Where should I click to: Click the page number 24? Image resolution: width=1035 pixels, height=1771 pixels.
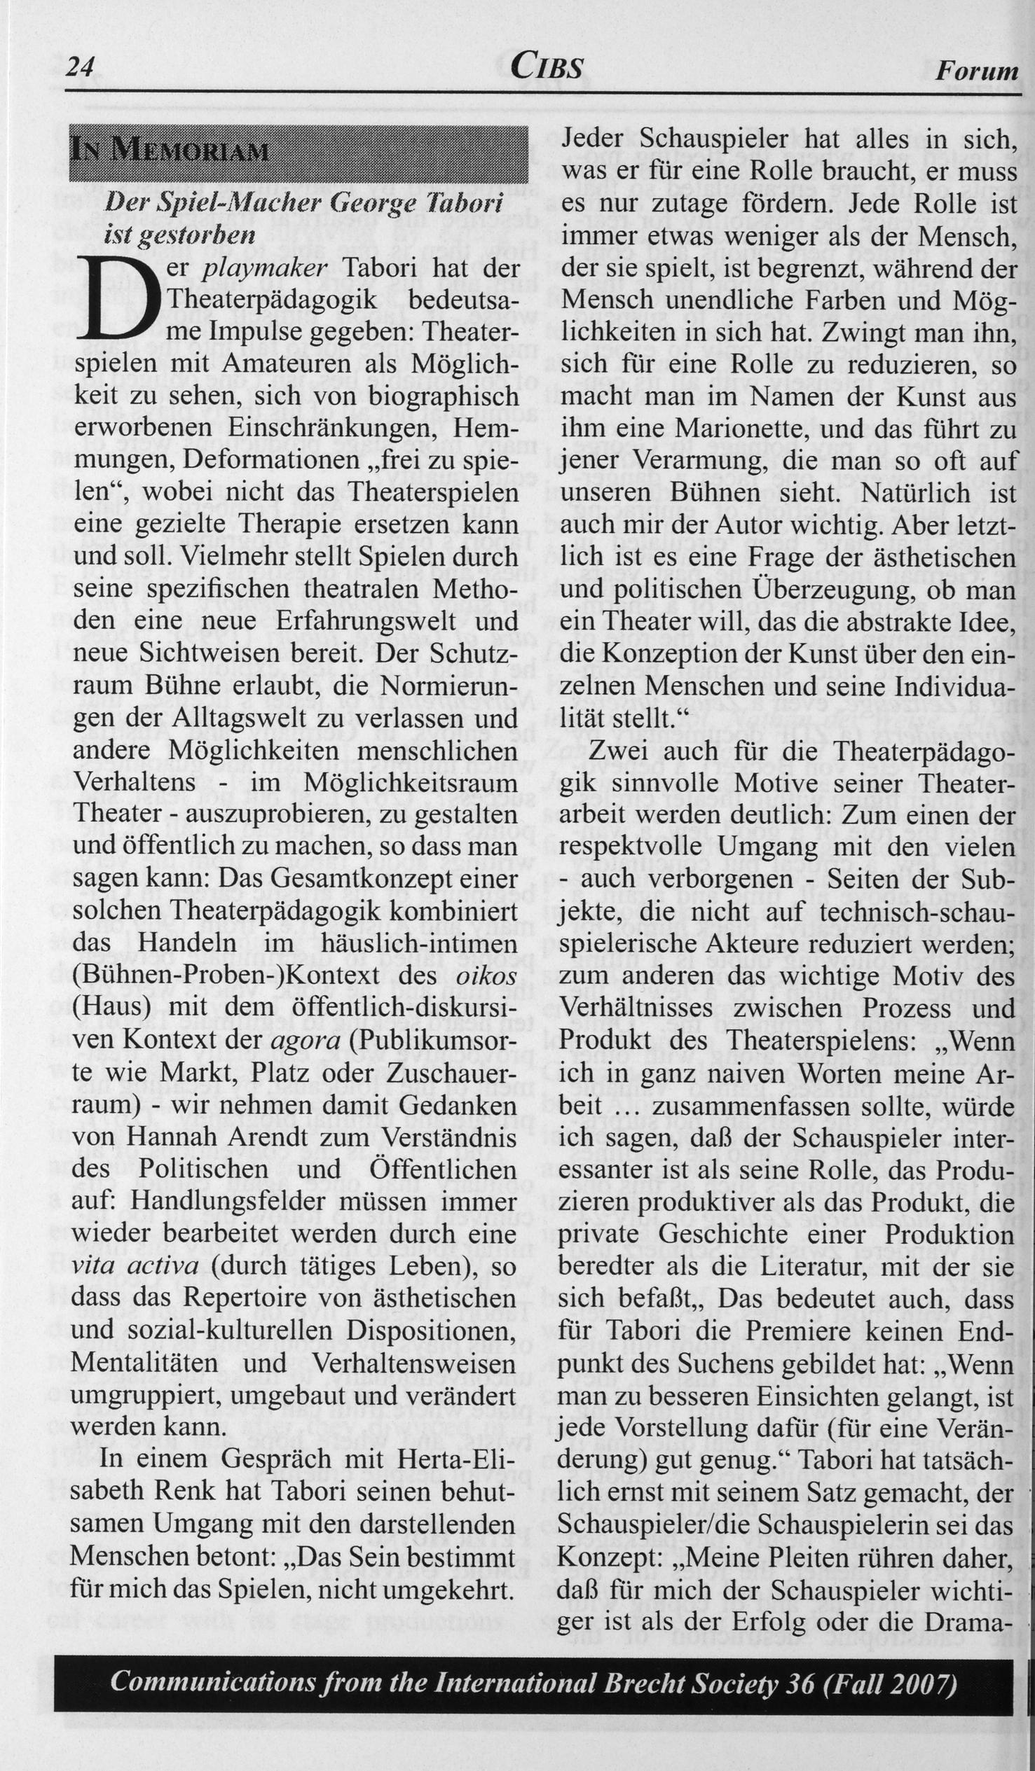click(x=80, y=67)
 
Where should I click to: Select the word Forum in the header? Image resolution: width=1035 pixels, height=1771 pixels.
click(x=977, y=70)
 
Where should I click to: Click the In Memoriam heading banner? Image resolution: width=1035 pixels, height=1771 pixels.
click(x=299, y=153)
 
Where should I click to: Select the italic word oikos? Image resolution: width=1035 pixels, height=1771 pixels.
click(x=486, y=976)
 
